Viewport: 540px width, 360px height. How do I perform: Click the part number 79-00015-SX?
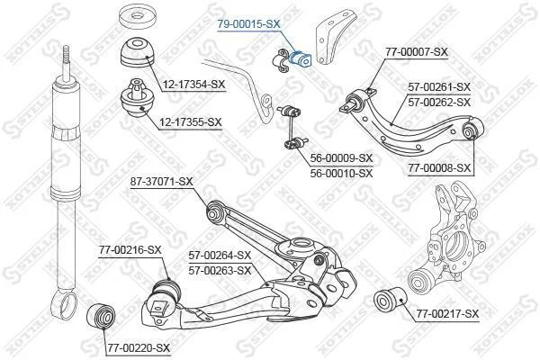click(248, 23)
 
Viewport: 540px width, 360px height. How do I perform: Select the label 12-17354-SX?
click(193, 84)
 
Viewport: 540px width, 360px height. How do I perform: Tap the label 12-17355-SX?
click(191, 122)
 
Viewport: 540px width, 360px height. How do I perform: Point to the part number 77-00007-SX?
click(417, 52)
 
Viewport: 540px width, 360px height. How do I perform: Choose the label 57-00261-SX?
click(439, 86)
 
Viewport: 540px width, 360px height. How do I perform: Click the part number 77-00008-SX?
click(439, 168)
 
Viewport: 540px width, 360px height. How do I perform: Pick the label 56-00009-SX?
click(341, 158)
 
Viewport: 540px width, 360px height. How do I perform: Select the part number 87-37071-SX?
click(161, 181)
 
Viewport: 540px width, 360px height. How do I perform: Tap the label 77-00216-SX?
click(130, 250)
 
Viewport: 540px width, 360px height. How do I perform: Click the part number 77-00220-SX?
click(139, 348)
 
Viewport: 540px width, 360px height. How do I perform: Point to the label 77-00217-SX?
click(447, 314)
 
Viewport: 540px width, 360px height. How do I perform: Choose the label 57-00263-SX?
click(220, 271)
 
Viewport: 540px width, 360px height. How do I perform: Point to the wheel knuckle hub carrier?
click(446, 238)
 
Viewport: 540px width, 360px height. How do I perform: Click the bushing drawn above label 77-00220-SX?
click(101, 317)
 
